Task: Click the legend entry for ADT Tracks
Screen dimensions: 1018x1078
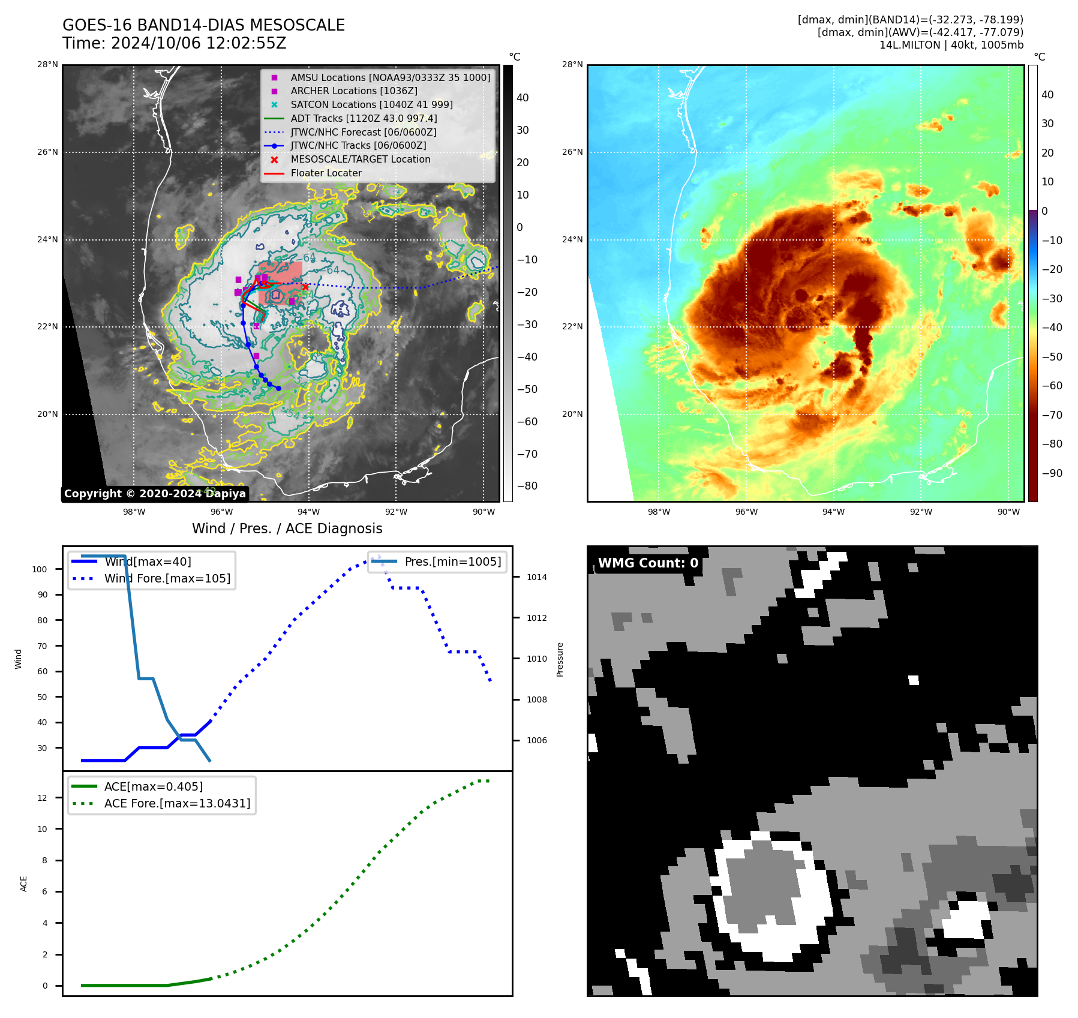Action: pos(364,118)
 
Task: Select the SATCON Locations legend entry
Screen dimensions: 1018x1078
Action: pos(371,104)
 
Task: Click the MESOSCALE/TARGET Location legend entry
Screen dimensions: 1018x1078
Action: pos(360,159)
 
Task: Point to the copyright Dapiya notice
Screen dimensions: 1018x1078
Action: pos(155,494)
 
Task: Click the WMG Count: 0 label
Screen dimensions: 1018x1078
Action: pos(648,563)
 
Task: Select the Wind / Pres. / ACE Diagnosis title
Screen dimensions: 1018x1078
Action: pos(287,528)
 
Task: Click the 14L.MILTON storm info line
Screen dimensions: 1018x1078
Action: pos(951,45)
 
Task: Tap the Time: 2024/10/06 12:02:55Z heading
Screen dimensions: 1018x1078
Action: pos(174,44)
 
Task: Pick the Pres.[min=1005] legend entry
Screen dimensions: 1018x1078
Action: pos(452,561)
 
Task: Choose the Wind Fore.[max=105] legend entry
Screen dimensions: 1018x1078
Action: pos(167,578)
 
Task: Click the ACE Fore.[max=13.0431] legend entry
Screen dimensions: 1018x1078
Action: pos(177,803)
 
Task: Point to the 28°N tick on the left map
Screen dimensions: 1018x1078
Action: pos(47,65)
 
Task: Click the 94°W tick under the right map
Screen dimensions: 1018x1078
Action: pos(833,512)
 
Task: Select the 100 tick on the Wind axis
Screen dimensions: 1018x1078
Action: pos(40,569)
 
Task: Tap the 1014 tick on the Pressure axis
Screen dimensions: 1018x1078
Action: pos(536,577)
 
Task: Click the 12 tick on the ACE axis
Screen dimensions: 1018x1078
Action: pos(42,798)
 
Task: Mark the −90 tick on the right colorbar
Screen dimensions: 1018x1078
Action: pos(1052,473)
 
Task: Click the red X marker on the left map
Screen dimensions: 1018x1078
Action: pos(305,287)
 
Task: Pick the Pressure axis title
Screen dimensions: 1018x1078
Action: pos(560,659)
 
